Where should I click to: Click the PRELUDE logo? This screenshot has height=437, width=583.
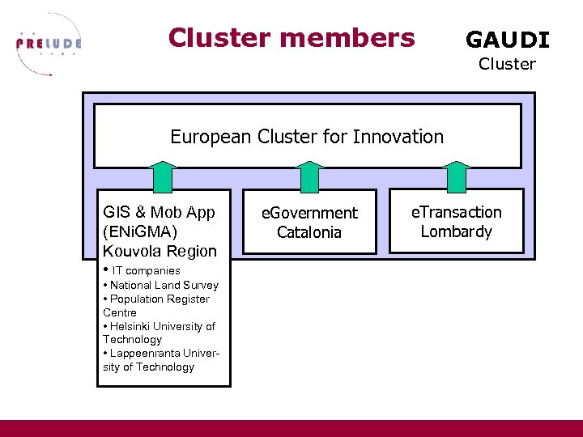coord(49,45)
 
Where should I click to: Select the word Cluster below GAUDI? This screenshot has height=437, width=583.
coord(506,64)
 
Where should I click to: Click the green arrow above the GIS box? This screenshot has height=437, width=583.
coord(164,176)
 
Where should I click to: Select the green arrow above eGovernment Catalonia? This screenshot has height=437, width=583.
coord(310,176)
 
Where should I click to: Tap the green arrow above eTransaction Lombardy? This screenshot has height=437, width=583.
coord(457,176)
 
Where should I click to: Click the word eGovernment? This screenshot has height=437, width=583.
coord(309,213)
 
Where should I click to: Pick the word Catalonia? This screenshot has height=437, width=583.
coord(309,232)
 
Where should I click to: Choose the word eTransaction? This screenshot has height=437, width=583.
coord(457,212)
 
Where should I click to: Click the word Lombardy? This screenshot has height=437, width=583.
coord(457,231)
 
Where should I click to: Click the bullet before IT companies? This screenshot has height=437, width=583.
coord(106,269)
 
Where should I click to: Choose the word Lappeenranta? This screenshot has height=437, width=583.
coord(146,354)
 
